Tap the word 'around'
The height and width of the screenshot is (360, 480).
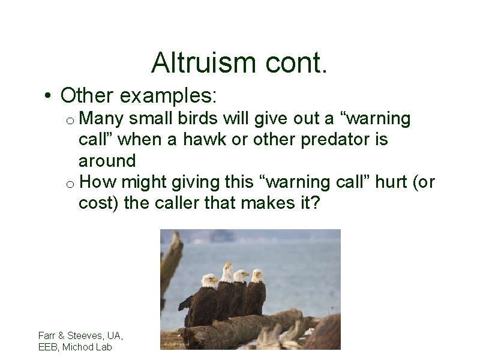coord(107,161)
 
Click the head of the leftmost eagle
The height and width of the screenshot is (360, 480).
coord(209,281)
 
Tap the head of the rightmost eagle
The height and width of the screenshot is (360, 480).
coord(257,276)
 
